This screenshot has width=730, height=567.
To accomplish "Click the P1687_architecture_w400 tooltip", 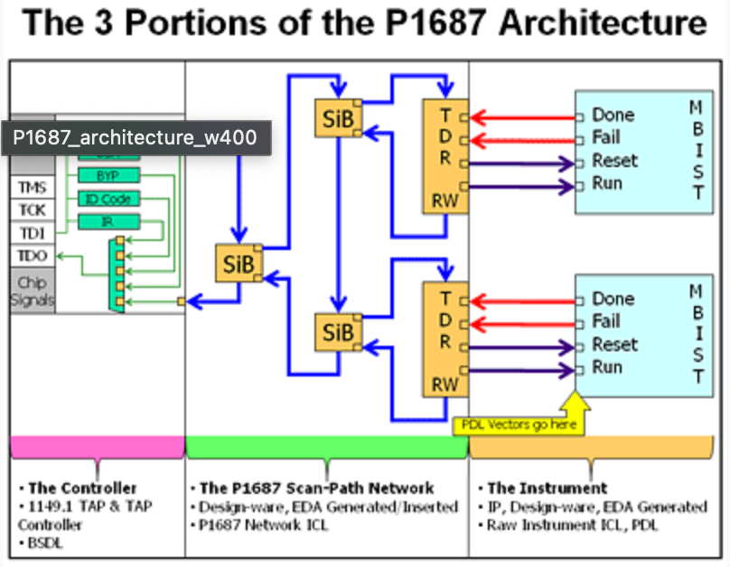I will (x=136, y=138).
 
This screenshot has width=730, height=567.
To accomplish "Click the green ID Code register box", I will (x=107, y=199).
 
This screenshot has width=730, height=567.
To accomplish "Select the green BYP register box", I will (x=107, y=175).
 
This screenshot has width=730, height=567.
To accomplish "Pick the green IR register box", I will (x=107, y=222).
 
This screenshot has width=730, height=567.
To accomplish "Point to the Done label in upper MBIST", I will (x=613, y=116).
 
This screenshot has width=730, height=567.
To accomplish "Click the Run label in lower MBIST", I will (x=607, y=367).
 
